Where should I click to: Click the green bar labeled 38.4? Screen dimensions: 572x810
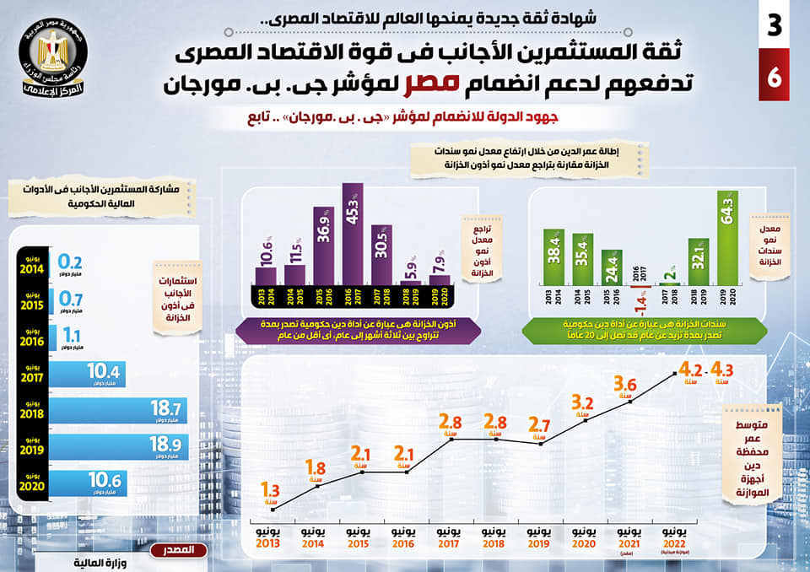[553, 256]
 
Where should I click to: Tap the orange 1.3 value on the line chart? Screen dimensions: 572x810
[271, 489]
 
